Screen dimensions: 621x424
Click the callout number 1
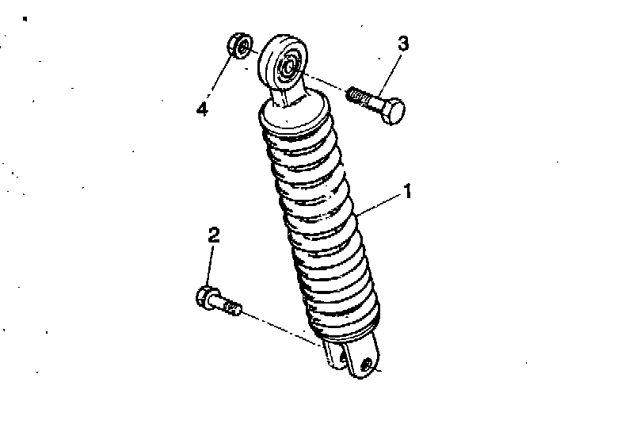(407, 191)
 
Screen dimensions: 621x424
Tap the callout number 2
(214, 235)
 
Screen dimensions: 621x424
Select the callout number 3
(402, 44)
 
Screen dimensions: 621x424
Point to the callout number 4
(202, 109)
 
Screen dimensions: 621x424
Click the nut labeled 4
(240, 46)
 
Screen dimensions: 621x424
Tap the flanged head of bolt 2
(205, 297)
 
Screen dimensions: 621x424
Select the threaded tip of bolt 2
(231, 307)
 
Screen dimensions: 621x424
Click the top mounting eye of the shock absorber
(282, 63)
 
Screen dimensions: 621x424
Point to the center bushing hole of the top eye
(288, 65)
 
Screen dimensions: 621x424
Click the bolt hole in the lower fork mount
(368, 363)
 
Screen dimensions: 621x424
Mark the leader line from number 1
(379, 204)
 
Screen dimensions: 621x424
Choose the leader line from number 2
(210, 265)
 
